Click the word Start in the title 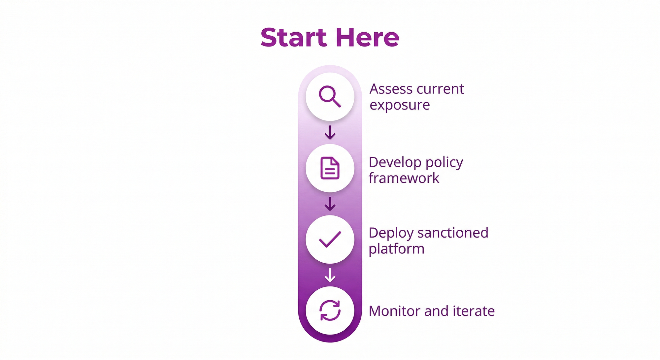293,37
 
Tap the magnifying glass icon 330,96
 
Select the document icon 330,168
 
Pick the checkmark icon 330,239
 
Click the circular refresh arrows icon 330,311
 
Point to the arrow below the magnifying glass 330,132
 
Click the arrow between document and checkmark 330,204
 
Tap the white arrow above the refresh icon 330,275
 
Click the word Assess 391,89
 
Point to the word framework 404,178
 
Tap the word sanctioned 453,233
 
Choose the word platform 396,249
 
